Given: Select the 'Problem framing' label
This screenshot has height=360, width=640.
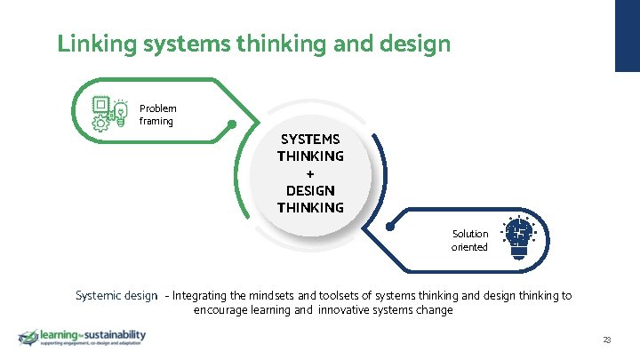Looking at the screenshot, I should (157, 115).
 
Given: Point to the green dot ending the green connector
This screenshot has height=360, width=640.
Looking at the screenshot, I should (231, 124).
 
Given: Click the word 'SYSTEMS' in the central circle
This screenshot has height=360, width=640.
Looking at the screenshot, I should (309, 140).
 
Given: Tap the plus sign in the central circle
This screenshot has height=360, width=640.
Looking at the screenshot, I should (309, 173).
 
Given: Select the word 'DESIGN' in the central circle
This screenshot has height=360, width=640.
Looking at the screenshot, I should (309, 190).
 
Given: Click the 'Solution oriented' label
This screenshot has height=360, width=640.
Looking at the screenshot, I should (469, 240).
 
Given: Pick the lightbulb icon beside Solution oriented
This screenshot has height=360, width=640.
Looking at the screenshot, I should (519, 238).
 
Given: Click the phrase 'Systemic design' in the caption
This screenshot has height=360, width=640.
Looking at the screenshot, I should (116, 295).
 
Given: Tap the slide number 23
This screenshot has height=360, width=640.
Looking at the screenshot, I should (607, 340).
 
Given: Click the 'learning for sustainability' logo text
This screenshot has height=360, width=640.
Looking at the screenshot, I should (92, 335).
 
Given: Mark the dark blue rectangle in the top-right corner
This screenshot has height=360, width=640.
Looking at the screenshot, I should (628, 36).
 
